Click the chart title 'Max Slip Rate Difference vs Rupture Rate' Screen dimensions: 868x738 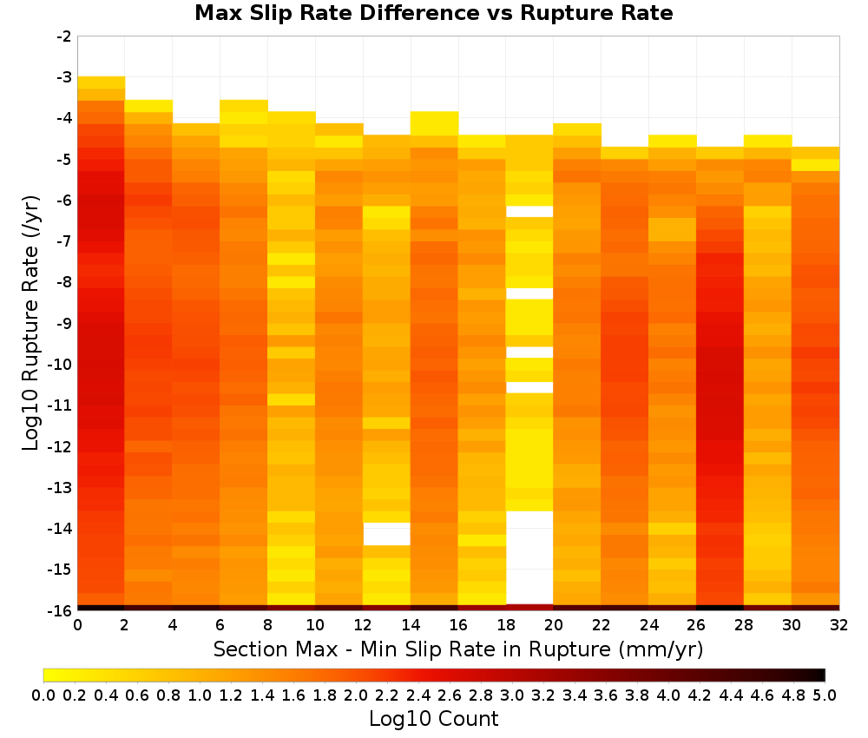click(433, 13)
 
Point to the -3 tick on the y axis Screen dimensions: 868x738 click(64, 77)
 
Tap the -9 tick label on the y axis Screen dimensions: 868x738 click(64, 323)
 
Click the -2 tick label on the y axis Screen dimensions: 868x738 click(64, 36)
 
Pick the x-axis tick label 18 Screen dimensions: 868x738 click(505, 625)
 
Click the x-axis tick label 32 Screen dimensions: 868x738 click(839, 625)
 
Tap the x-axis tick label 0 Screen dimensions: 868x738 click(77, 625)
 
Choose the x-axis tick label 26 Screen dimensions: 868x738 click(696, 625)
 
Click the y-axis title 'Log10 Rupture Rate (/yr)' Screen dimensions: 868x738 click(30, 323)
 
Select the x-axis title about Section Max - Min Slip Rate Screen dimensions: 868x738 click(458, 649)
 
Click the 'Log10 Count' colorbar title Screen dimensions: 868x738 click(433, 719)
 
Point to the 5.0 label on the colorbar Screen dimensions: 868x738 click(825, 695)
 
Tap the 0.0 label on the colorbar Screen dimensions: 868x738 click(43, 695)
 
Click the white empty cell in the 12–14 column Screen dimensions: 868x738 click(387, 534)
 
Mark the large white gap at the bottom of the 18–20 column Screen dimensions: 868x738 click(529, 557)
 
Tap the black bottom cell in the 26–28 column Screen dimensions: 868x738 click(720, 608)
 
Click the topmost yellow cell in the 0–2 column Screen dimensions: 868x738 click(102, 82)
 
